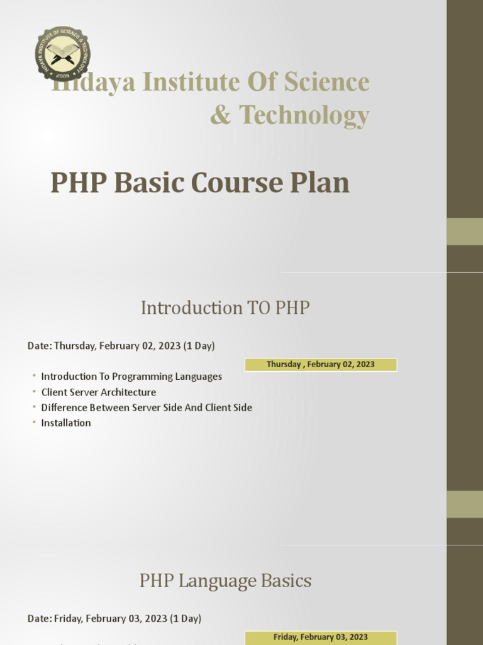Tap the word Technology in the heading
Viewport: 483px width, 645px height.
(x=304, y=115)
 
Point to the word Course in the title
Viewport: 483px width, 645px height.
(x=234, y=183)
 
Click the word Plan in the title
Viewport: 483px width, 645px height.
(x=319, y=183)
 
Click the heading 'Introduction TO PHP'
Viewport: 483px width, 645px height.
(x=225, y=308)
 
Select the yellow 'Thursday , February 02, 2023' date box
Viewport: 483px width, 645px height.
(x=321, y=365)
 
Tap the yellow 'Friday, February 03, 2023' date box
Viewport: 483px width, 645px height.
(x=321, y=637)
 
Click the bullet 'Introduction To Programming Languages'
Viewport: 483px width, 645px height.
(x=131, y=377)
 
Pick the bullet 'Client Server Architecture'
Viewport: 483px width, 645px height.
(x=99, y=392)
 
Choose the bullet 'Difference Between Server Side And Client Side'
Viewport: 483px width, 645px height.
(x=147, y=408)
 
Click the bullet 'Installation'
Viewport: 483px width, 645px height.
(x=66, y=423)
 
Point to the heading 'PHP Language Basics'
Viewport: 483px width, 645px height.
(x=225, y=581)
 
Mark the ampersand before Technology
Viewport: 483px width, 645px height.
(x=221, y=115)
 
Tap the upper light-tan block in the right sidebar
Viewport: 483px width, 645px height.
(x=464, y=231)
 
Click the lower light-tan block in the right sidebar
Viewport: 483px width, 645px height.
(x=464, y=504)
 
